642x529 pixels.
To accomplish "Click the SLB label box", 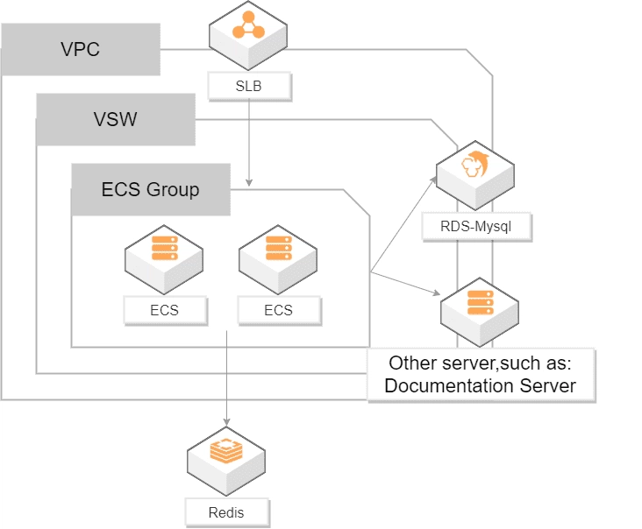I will pyautogui.click(x=249, y=86).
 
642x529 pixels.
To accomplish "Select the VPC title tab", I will pyautogui.click(x=81, y=49).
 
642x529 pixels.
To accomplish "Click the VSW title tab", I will pyautogui.click(x=116, y=119).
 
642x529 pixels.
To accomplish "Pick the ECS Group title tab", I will pyautogui.click(x=151, y=189).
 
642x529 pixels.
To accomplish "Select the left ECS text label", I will pyautogui.click(x=164, y=310).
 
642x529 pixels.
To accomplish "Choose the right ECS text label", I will pyautogui.click(x=278, y=310).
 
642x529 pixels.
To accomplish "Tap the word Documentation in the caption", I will pyautogui.click(x=435, y=385).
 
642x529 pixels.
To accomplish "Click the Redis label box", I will pyautogui.click(x=227, y=512).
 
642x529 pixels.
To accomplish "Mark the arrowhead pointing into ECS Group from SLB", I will pyautogui.click(x=249, y=182).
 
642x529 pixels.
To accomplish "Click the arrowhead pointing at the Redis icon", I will pyautogui.click(x=227, y=424).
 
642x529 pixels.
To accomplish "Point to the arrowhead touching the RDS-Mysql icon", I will pyautogui.click(x=437, y=178).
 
